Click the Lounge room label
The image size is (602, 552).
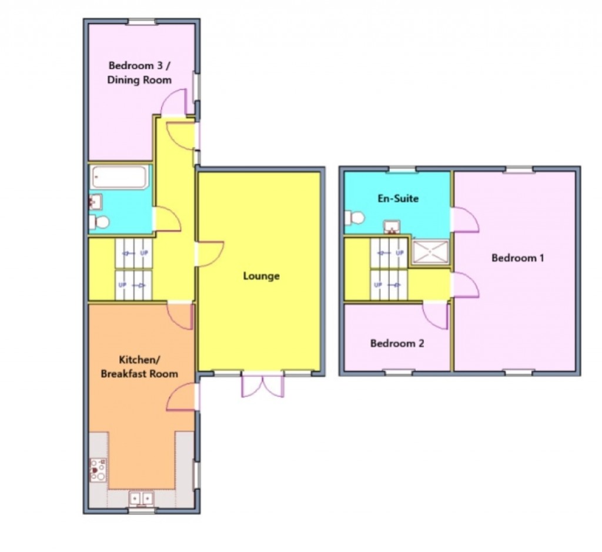[x=262, y=276]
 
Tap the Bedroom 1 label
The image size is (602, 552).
[x=513, y=257]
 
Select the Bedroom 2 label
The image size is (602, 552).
[x=397, y=343]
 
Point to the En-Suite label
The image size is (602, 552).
[x=398, y=199]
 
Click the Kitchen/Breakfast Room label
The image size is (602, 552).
[x=139, y=366]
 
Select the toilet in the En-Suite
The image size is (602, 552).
[x=355, y=218]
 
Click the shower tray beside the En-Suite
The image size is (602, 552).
[x=430, y=252]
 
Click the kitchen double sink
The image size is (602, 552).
[x=141, y=498]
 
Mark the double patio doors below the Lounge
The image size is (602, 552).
[x=262, y=385]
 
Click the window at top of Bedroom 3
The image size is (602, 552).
[x=142, y=22]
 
